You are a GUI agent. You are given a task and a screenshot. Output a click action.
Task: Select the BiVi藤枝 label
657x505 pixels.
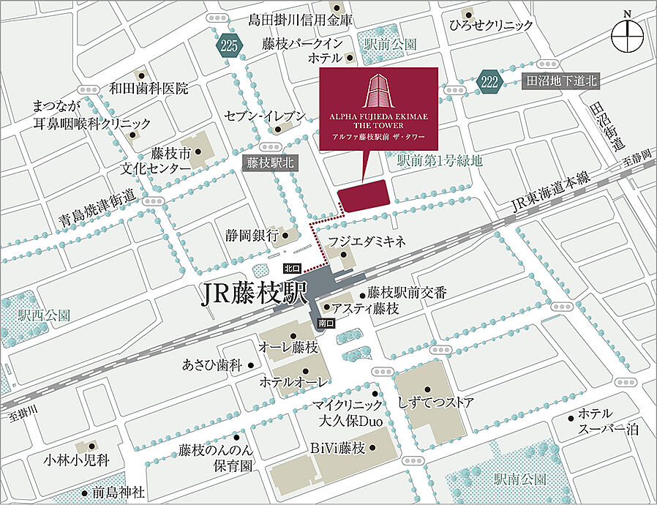point(337,449)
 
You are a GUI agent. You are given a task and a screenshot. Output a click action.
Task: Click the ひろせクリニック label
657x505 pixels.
point(492,25)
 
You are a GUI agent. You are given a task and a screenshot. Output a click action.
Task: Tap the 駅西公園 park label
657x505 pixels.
point(45,315)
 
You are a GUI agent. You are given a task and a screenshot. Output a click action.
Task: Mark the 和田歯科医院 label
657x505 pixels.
point(149,89)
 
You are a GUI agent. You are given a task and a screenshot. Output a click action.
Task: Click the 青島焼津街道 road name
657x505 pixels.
point(99,208)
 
